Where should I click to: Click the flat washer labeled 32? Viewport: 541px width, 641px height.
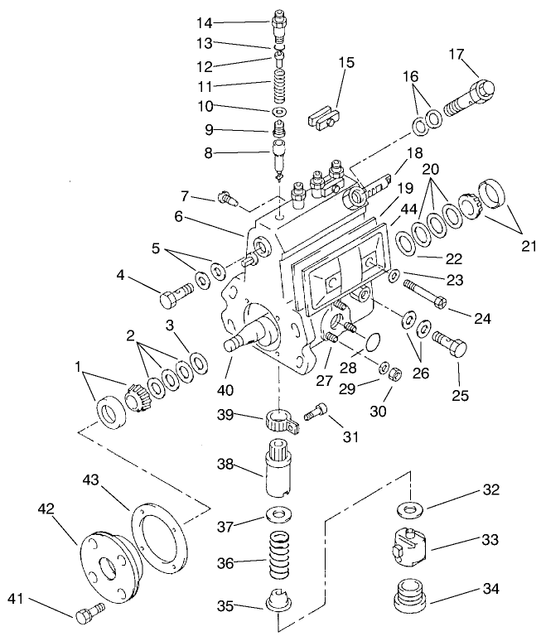point(408,505)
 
